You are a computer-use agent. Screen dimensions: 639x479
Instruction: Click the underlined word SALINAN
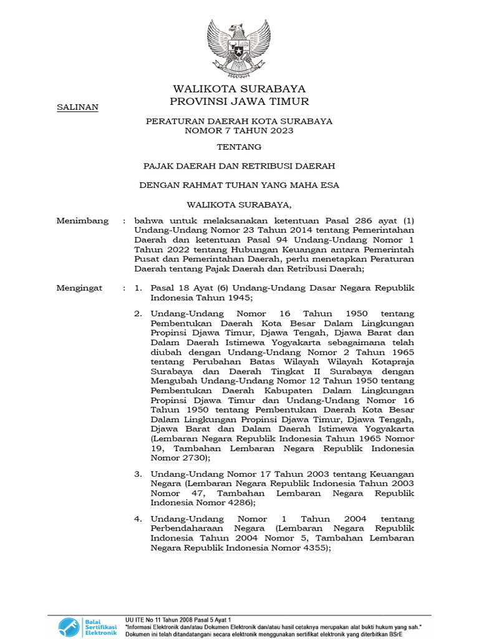(77, 107)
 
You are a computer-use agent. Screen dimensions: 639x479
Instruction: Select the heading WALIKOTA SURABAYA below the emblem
(239, 89)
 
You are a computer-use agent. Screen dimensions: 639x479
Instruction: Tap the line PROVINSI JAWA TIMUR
(239, 102)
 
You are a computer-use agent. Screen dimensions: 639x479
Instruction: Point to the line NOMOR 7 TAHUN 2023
(239, 131)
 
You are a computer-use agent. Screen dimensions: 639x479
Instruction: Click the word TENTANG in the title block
(239, 148)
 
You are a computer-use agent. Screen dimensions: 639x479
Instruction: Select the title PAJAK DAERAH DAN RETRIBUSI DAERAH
(239, 167)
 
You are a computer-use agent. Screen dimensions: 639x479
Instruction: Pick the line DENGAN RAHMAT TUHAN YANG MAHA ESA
(239, 185)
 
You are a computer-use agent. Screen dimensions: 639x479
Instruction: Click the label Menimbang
(82, 221)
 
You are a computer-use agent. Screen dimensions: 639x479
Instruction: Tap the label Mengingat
(82, 288)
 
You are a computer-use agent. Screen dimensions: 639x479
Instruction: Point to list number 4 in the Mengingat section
(138, 519)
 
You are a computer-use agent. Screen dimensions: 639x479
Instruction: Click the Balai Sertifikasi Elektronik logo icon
(69, 626)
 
